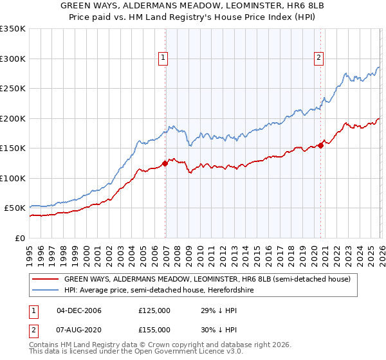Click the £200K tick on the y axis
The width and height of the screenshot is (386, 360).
point(13,118)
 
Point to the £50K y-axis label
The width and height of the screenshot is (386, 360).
point(15,208)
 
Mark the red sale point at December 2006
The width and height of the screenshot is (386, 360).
point(165,163)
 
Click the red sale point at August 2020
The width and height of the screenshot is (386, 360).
point(320,145)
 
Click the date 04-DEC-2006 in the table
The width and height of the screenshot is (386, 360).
point(79,310)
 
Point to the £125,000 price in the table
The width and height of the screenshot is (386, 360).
point(154,310)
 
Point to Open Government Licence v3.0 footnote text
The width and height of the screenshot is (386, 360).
point(174,353)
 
